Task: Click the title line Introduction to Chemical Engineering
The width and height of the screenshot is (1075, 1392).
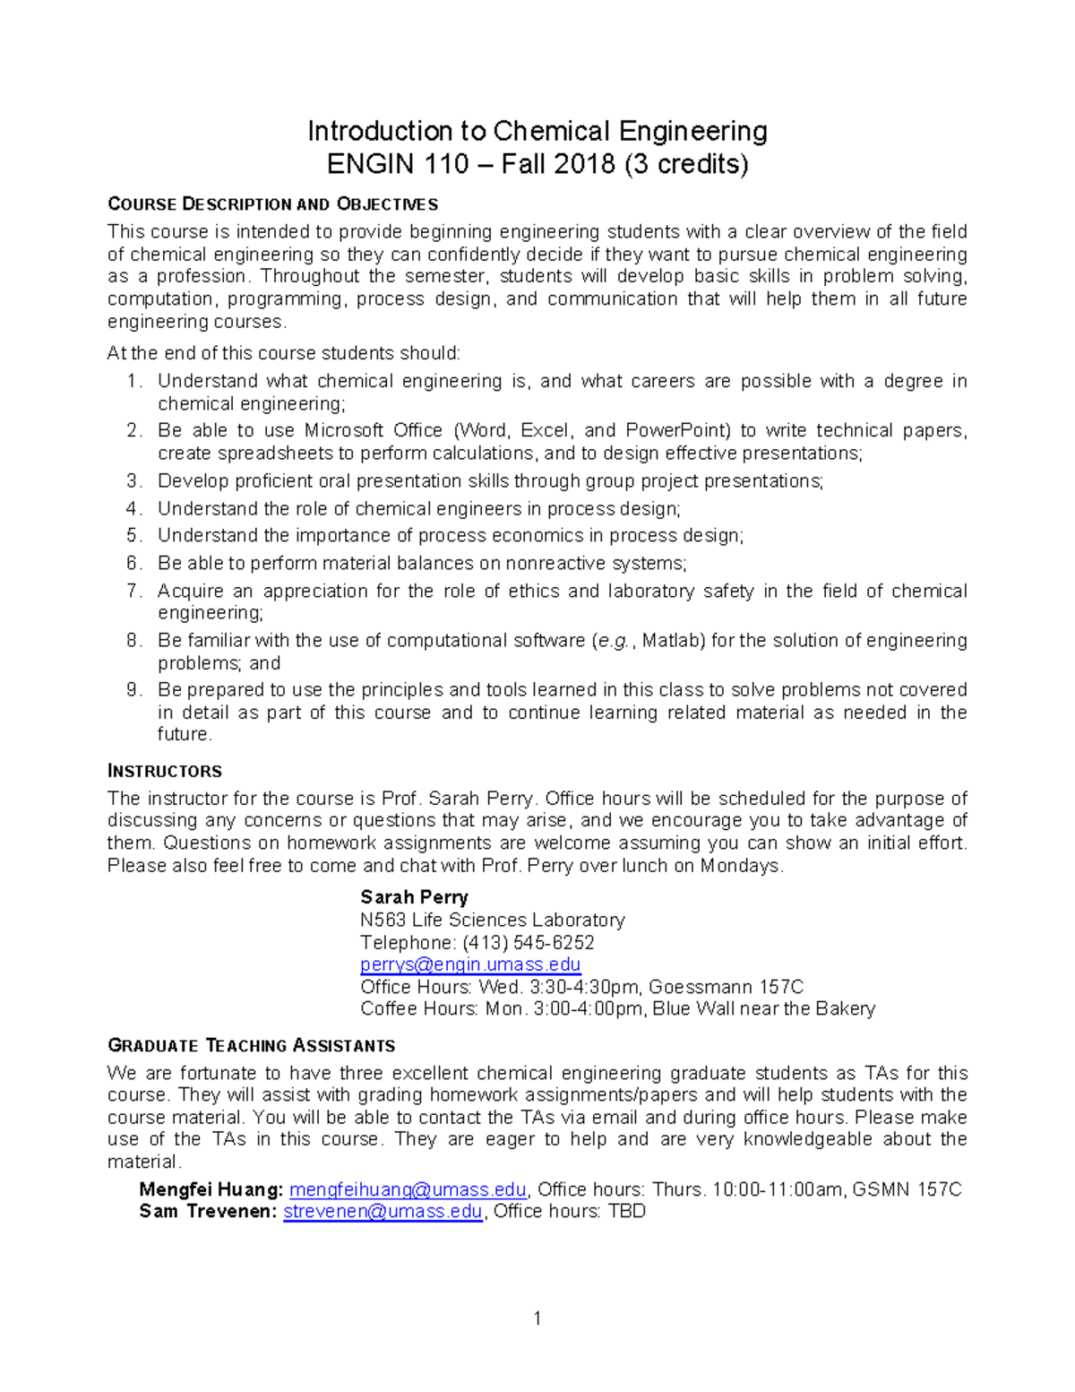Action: pos(537,132)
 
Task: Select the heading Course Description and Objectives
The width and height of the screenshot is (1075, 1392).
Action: pos(272,204)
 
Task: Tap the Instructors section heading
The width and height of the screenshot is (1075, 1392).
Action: pos(165,771)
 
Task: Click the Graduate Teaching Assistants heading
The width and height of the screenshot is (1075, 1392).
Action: pos(251,1045)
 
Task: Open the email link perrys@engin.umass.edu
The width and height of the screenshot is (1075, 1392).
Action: pos(470,964)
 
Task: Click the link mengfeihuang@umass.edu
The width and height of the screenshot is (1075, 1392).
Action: pos(408,1189)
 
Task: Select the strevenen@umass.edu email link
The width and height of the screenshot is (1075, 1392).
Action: pos(383,1212)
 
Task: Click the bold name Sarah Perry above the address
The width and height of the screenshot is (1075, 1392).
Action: pos(414,897)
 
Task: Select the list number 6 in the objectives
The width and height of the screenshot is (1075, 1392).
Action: pos(133,564)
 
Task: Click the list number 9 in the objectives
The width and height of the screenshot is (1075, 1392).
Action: pos(133,690)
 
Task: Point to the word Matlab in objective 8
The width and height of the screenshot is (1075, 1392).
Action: pos(673,641)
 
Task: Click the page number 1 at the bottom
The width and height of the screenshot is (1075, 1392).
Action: pos(537,1318)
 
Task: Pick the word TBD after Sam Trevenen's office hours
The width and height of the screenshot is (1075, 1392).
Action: pos(626,1212)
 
